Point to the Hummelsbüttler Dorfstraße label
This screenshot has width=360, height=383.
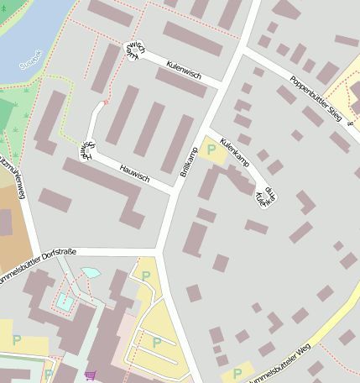point(34,266)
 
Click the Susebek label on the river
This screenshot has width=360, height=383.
point(29,60)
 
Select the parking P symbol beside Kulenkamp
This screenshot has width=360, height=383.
point(211,150)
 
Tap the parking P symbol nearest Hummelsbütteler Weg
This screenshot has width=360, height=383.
point(237,372)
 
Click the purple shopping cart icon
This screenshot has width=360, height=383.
point(90,375)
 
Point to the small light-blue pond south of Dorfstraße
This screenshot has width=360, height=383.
point(89,273)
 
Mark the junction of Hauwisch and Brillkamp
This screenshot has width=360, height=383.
point(175,191)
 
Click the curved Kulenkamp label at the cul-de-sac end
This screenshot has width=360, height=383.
point(265,197)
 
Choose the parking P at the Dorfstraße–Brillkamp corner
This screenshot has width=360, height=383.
point(145,275)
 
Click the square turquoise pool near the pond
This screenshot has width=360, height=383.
point(64,301)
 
